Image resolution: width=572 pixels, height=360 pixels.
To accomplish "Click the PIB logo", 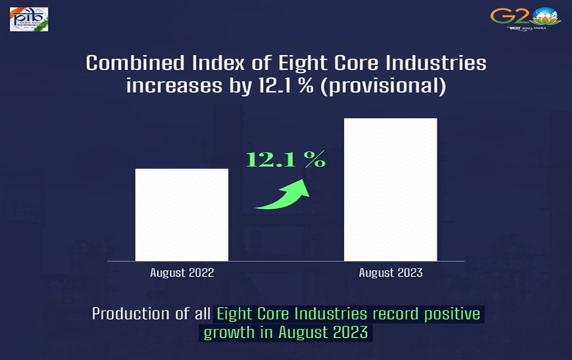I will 28,19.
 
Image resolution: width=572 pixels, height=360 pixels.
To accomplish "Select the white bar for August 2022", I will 182,214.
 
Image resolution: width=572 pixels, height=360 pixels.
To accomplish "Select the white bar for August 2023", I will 390,189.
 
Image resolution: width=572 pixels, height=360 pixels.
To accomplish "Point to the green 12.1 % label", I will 285,160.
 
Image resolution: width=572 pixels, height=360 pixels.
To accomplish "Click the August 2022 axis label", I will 182,273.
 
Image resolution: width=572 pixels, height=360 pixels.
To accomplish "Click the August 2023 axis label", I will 390,273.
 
